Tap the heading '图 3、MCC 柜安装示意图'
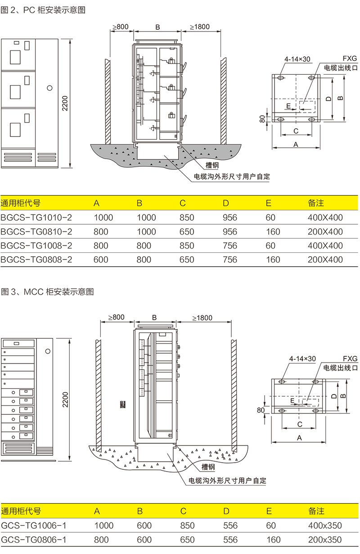click(47, 291)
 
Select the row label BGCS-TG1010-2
click(36, 218)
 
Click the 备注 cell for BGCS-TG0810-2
click(325, 232)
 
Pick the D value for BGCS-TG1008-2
click(229, 245)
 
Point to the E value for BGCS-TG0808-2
click(273, 259)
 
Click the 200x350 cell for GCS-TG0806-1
click(325, 540)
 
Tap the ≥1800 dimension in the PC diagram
click(200, 27)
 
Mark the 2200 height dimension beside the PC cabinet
click(66, 103)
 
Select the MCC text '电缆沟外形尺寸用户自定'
click(227, 481)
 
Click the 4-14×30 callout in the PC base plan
click(297, 59)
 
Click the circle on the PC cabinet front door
click(50, 86)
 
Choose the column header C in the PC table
click(183, 203)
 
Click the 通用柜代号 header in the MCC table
click(21, 511)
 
